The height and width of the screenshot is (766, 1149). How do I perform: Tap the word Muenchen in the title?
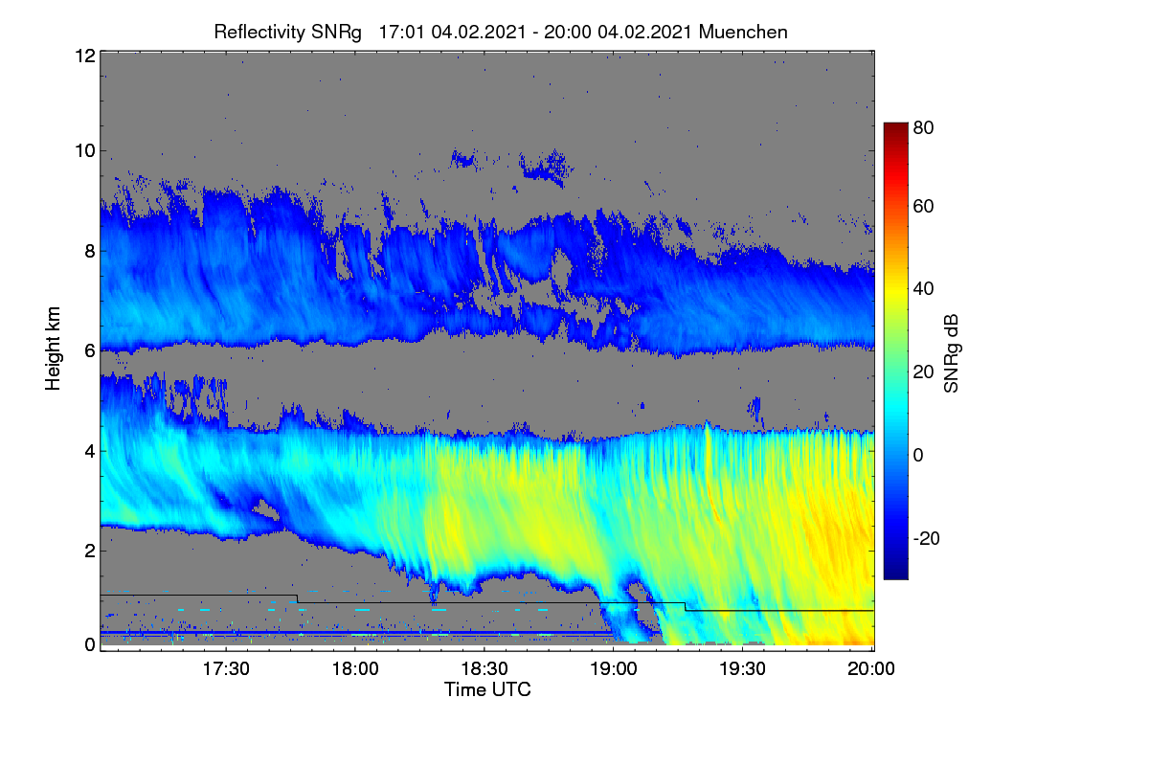coord(743,32)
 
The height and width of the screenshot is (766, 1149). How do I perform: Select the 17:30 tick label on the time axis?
coord(226,668)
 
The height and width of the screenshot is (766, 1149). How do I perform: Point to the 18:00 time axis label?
coord(355,668)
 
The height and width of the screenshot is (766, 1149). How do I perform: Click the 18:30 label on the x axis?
coord(484,668)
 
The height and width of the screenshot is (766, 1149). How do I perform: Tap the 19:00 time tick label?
coord(614,668)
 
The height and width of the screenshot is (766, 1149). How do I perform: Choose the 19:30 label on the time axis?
coord(742,668)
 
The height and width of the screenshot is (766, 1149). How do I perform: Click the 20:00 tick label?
coord(871,668)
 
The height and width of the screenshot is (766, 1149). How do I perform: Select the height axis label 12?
coord(85,56)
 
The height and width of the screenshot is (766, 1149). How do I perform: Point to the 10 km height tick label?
coord(85,151)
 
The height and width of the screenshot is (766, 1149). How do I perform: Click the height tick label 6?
coord(90,351)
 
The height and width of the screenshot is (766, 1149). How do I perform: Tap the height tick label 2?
coord(90,551)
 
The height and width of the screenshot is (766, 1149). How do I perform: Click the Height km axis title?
coord(53,349)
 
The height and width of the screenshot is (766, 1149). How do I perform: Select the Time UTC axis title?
coord(487,689)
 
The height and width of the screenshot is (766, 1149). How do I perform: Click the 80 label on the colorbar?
coord(923,127)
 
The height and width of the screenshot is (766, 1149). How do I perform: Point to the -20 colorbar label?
coord(927,538)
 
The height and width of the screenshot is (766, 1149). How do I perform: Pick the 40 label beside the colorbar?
coord(923,289)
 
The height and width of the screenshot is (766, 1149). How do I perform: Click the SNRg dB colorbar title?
coord(951,353)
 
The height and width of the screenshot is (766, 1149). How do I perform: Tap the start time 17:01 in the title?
coord(401,33)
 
